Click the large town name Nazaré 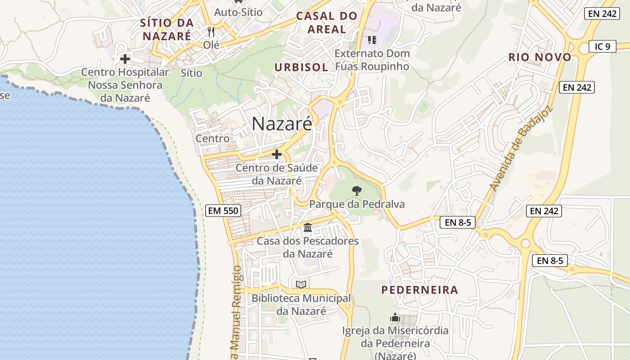click(282, 124)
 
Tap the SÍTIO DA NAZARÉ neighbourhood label click(166, 29)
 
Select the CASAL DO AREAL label click(327, 23)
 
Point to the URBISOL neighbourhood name click(301, 67)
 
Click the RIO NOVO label click(540, 57)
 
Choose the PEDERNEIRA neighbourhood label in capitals click(420, 290)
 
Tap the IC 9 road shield click(602, 46)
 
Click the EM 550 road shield click(223, 210)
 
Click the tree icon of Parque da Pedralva click(357, 190)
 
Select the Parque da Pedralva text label click(357, 204)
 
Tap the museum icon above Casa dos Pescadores click(308, 227)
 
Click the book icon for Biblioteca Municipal click(301, 284)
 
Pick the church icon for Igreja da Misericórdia click(395, 317)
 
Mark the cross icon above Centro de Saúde click(277, 154)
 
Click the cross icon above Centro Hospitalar click(125, 58)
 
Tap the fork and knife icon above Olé click(211, 32)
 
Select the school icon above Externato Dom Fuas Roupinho click(372, 40)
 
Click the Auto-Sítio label click(238, 12)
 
